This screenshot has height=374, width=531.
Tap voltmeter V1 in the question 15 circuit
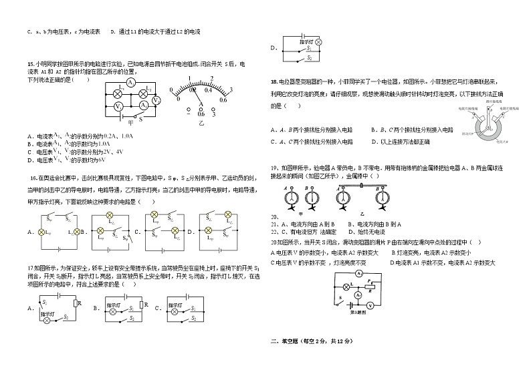click(118, 107)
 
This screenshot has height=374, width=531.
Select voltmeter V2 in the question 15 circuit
click(155, 100)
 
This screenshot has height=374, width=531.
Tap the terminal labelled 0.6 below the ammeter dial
click(223, 101)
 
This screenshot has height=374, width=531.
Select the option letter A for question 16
click(31, 232)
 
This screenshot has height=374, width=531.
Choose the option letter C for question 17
click(156, 308)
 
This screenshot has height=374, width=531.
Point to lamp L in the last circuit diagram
click(344, 287)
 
